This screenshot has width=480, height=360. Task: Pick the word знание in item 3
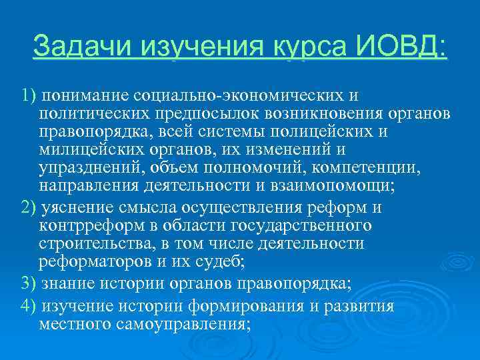click(67, 284)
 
